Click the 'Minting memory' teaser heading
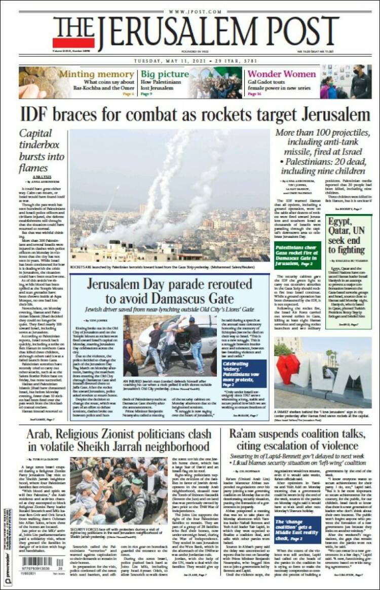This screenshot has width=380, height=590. pyautogui.click(x=96, y=74)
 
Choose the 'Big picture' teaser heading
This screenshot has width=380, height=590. pyautogui.click(x=165, y=74)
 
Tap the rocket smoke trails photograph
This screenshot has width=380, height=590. pyautogui.click(x=170, y=195)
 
